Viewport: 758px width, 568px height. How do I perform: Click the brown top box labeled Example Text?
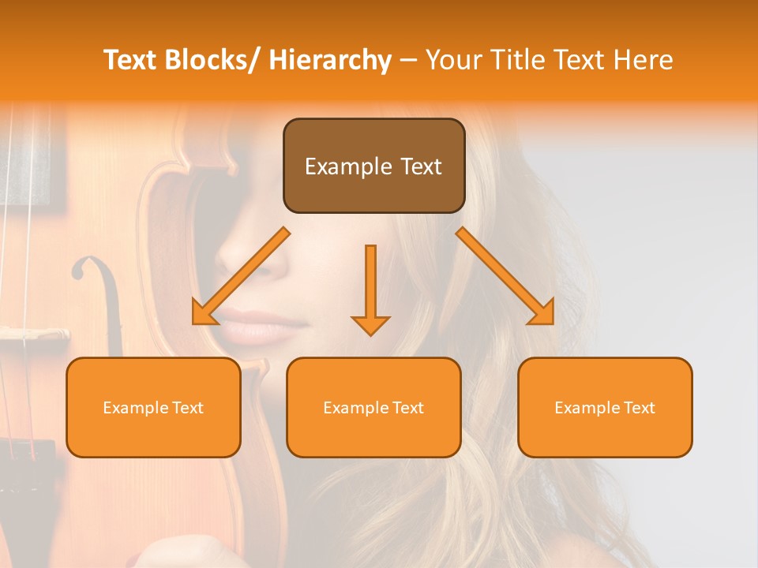pos(373,166)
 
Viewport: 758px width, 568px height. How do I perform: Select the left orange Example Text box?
pos(153,407)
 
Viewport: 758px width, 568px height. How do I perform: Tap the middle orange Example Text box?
pos(373,407)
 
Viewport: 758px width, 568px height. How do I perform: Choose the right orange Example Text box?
pos(605,407)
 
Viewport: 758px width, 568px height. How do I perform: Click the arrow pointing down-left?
pos(240,276)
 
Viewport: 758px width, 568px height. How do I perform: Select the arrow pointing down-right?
pos(505,276)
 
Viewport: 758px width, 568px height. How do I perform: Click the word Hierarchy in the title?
pos(330,60)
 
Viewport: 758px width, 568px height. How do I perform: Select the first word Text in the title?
pos(132,60)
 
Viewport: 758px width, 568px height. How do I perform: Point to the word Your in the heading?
pos(452,60)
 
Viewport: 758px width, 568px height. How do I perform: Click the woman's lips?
pos(253,325)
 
